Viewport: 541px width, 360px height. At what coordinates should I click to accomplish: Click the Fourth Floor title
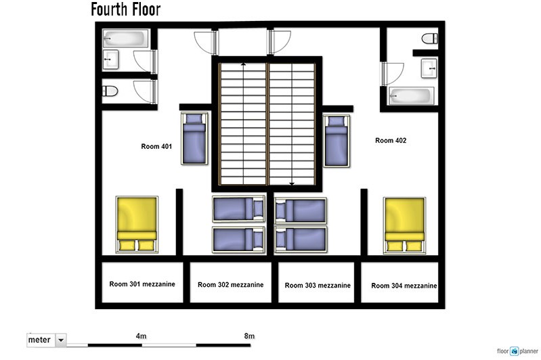coord(126,9)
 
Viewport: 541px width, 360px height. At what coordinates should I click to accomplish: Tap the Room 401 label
coord(156,146)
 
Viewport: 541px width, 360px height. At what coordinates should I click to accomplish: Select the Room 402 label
coord(391,140)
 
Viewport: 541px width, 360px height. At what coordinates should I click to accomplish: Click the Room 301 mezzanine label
coord(142,284)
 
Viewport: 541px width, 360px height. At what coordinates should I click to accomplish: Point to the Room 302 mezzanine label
coord(230,284)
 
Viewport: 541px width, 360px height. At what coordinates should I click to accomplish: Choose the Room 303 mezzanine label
coord(318,285)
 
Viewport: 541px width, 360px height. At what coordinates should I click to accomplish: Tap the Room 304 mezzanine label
coord(404,286)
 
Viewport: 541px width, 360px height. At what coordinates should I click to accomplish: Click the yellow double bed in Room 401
coord(137,225)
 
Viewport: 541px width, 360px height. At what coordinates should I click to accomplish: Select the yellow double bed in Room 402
coord(404,225)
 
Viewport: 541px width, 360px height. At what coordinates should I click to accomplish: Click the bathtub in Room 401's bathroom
coord(125,39)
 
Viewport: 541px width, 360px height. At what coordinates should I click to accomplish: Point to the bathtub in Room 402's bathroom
coord(411,95)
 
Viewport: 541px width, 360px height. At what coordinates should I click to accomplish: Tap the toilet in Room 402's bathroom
coord(430,38)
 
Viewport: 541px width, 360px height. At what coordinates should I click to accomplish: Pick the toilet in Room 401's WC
coord(110,91)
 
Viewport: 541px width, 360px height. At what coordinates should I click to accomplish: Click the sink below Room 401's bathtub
coord(110,60)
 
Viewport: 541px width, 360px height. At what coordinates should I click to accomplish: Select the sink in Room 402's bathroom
coord(429,68)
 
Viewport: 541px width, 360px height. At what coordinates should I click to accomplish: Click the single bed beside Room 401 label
coord(194,138)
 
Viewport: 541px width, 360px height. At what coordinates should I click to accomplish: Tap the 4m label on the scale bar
coord(141,336)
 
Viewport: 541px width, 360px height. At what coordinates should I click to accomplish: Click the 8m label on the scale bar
coord(249,336)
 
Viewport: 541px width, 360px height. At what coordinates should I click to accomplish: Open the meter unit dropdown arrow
coord(61,340)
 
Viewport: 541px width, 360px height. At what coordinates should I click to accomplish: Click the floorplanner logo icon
coord(515,351)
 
